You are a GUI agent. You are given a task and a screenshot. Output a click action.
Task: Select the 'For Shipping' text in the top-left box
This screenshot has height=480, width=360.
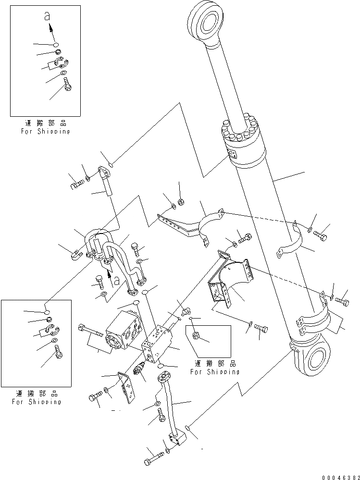45,131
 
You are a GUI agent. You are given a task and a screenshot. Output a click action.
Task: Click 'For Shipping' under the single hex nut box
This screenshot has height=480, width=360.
214,371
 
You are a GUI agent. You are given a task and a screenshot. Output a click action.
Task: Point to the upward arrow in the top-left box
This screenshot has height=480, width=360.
50,29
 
